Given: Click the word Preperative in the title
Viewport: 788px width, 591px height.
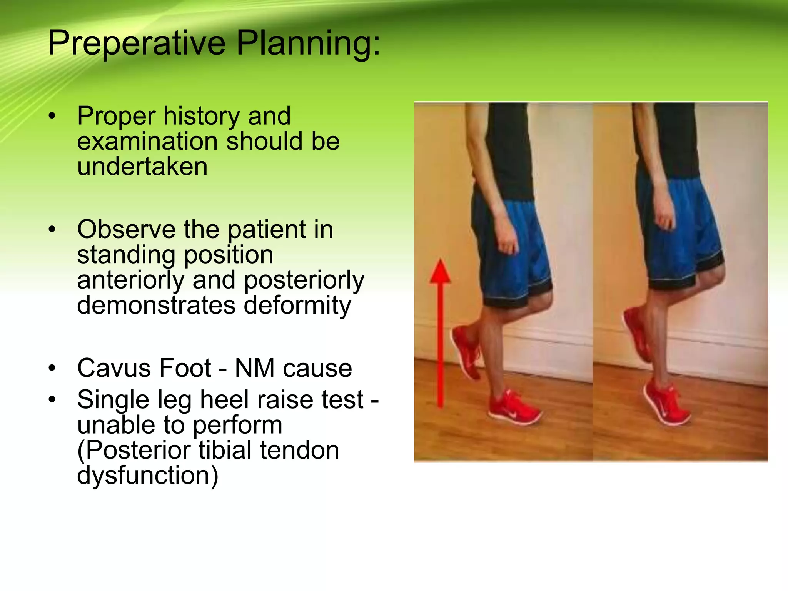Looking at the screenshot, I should pos(137,43).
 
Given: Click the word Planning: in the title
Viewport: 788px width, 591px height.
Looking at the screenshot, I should pos(308,43).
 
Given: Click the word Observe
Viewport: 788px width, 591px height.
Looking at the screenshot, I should pos(127,230).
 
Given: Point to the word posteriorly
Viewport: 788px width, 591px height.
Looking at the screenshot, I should pos(304,280).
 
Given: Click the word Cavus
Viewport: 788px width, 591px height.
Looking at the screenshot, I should pos(111,368).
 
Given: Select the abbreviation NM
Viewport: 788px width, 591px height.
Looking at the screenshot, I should pos(254,368).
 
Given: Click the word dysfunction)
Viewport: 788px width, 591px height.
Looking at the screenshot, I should pos(148,476).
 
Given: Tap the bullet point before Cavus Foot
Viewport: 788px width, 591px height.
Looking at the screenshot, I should pos(52,368).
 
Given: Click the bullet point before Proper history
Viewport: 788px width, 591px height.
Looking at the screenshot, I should pos(52,116).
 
